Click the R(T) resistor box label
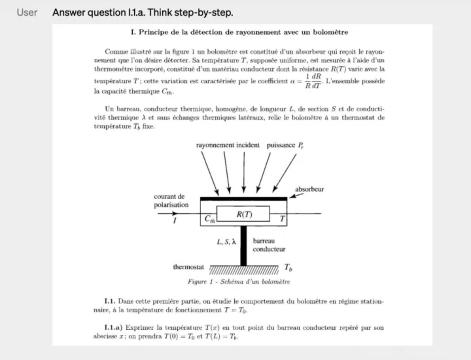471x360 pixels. coord(244,214)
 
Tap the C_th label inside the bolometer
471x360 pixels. coord(209,219)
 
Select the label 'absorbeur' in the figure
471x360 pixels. coord(309,189)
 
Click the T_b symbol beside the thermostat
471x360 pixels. coord(288,268)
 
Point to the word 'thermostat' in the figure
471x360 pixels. coord(188,267)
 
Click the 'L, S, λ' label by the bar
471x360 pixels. coord(226,242)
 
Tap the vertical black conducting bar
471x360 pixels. coord(243,246)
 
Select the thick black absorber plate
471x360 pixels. coord(243,199)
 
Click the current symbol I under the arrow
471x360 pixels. coord(174,221)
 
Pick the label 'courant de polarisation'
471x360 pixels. coord(171,200)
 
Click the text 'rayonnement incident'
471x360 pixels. coord(228,145)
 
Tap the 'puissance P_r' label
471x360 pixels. coord(285,145)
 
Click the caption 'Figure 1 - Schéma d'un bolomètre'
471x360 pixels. coord(239,282)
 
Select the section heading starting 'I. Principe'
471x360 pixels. coord(239,32)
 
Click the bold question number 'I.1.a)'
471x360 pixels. coord(113,327)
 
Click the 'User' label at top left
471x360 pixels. coord(27,12)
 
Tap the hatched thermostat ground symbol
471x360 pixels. coord(244,269)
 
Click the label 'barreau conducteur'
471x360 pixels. coord(269,245)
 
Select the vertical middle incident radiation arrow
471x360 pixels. coord(244,172)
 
